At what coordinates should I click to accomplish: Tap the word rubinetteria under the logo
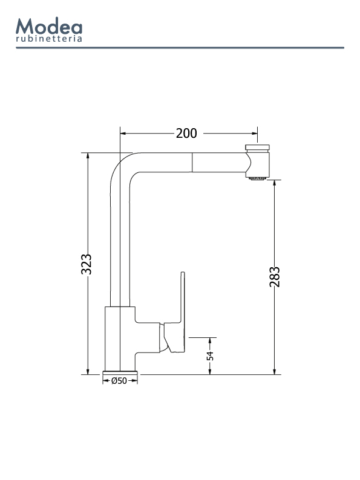tap(49, 39)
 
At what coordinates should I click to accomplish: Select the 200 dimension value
tap(186, 134)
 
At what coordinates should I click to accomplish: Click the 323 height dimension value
tap(87, 264)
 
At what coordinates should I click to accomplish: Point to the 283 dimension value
tap(275, 277)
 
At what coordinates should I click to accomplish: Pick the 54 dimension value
tap(211, 356)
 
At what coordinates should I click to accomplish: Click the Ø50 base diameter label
tap(119, 381)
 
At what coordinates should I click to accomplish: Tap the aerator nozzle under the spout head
tap(257, 178)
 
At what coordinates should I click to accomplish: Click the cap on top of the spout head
tap(257, 148)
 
